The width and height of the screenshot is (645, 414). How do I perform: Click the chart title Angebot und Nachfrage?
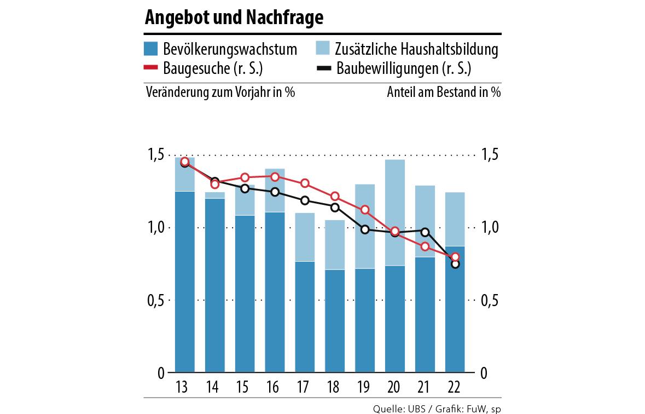(234, 18)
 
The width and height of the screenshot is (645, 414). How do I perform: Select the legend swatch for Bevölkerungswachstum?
(151, 49)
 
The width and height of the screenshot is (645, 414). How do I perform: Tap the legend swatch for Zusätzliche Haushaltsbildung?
(323, 49)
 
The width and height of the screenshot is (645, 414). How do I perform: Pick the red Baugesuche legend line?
(151, 68)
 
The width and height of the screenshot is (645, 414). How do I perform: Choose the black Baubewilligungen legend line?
(323, 68)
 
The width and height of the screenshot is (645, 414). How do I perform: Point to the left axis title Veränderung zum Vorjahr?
(220, 92)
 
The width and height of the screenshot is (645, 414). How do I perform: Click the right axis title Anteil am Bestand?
(444, 92)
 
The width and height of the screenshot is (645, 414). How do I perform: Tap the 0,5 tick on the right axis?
(489, 301)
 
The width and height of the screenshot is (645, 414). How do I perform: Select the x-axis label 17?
(304, 388)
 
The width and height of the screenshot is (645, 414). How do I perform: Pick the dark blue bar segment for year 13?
(184, 282)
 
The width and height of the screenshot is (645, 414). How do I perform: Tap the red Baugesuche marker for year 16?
(275, 176)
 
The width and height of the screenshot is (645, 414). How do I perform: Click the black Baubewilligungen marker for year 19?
(365, 229)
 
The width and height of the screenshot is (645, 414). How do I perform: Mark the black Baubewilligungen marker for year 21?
(425, 232)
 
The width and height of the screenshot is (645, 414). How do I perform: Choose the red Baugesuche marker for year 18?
(335, 196)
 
